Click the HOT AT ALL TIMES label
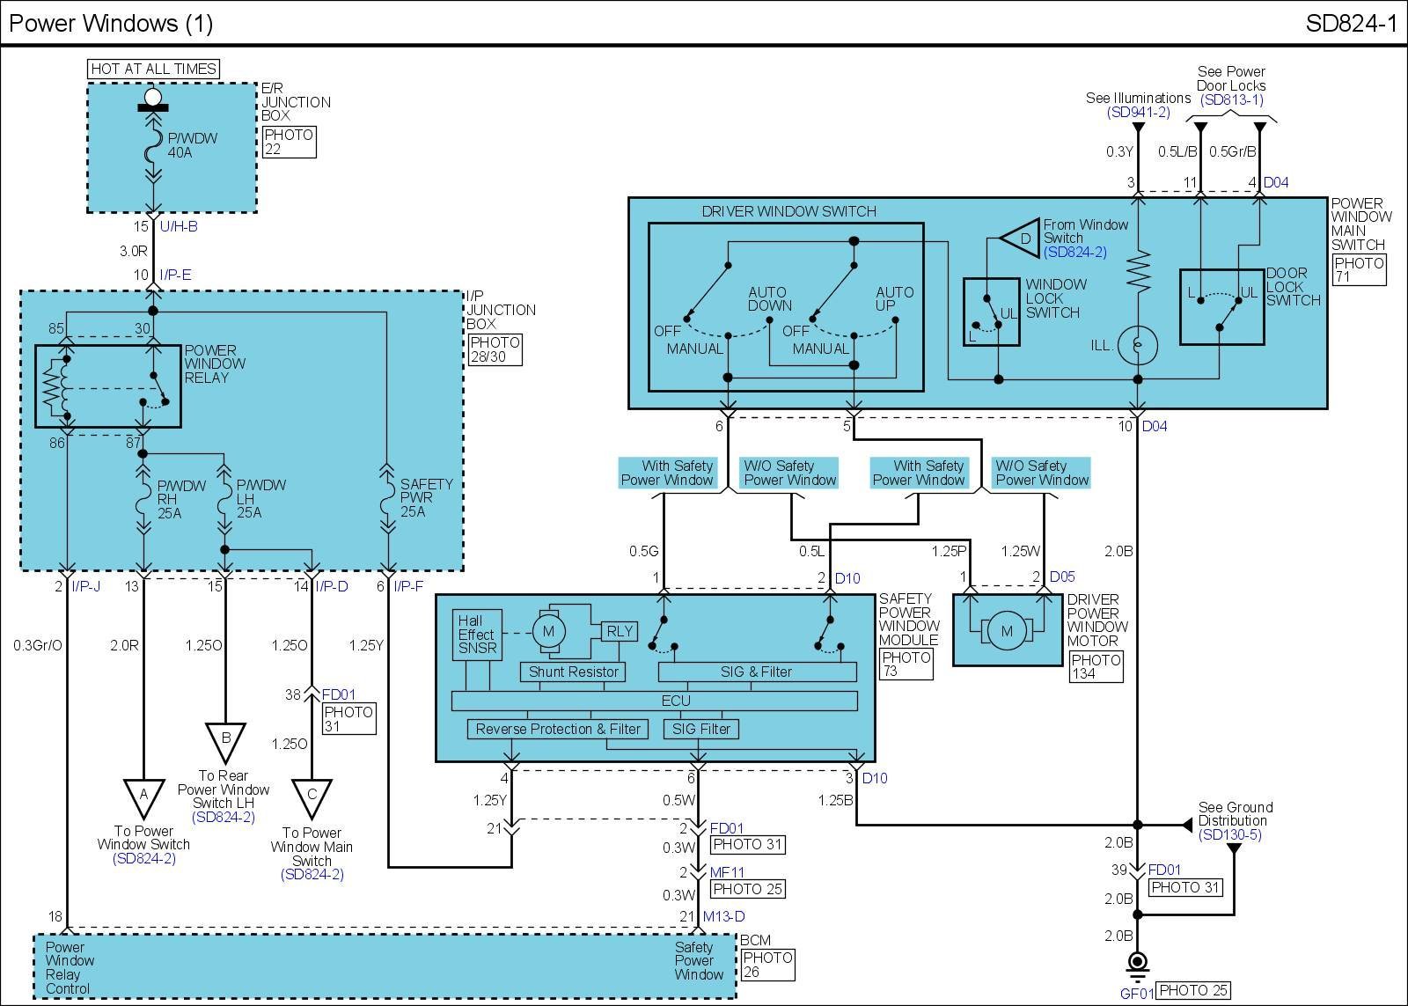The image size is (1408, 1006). click(x=153, y=69)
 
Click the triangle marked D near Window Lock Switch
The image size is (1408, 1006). click(x=1022, y=239)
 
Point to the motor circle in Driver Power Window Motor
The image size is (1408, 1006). click(x=1007, y=631)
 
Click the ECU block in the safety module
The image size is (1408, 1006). click(x=654, y=701)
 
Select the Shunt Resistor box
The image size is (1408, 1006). click(x=573, y=672)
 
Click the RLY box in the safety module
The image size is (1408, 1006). click(x=620, y=631)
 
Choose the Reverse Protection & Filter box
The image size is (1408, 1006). click(x=558, y=729)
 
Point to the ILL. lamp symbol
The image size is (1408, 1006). click(x=1137, y=346)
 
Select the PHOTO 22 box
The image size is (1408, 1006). click(x=289, y=142)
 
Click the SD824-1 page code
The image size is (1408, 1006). click(x=1351, y=23)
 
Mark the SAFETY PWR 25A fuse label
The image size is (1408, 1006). click(x=426, y=497)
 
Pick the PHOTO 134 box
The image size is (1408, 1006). click(x=1096, y=666)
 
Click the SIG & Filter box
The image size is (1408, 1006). click(x=757, y=672)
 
